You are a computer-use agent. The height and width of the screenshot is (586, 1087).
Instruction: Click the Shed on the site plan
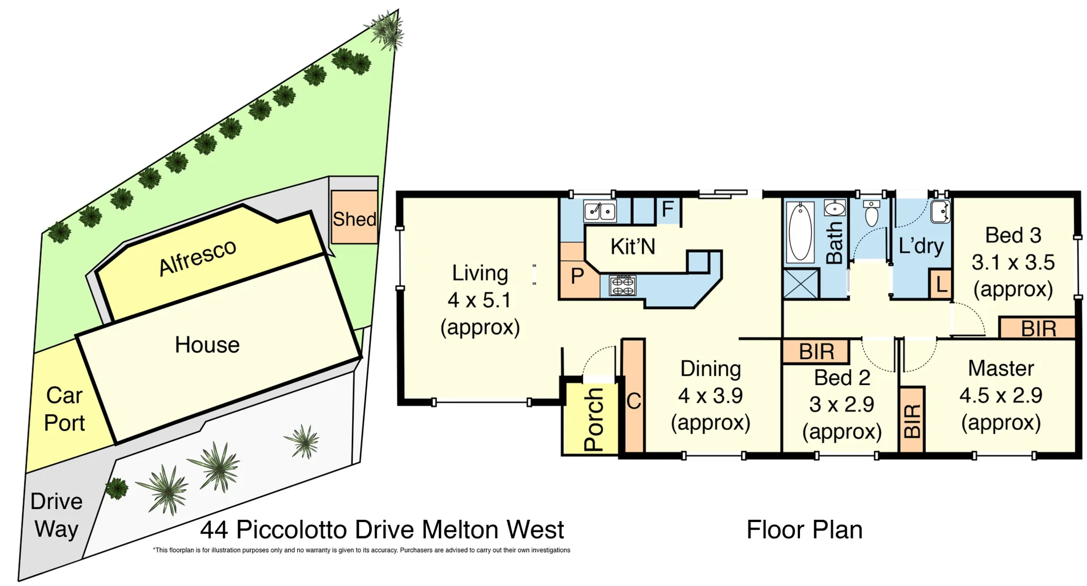pyautogui.click(x=354, y=218)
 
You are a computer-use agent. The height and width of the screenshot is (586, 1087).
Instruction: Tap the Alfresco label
pyautogui.click(x=198, y=257)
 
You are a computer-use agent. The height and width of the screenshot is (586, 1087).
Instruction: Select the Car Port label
pyautogui.click(x=65, y=409)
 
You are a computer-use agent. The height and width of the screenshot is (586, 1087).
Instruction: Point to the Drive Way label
pyautogui.click(x=56, y=515)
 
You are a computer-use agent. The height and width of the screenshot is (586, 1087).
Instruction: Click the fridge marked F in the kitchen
pyautogui.click(x=668, y=209)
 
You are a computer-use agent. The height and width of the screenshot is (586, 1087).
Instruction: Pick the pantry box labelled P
pyautogui.click(x=577, y=276)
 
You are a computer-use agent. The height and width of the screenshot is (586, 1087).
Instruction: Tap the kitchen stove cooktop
pyautogui.click(x=622, y=286)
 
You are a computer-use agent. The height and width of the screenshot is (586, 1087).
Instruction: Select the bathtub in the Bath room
pyautogui.click(x=800, y=232)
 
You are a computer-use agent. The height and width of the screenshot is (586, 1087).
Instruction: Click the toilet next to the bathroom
pyautogui.click(x=872, y=213)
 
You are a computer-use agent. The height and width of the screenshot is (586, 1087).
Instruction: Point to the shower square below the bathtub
pyautogui.click(x=801, y=284)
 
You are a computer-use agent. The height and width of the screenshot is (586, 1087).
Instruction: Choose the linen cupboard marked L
pyautogui.click(x=941, y=285)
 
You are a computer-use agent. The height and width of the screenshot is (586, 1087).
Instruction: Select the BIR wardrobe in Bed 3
pyautogui.click(x=1038, y=329)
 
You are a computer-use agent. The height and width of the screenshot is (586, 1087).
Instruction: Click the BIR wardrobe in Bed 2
pyautogui.click(x=816, y=352)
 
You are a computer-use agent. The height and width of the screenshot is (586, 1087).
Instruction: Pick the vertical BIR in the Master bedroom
pyautogui.click(x=911, y=420)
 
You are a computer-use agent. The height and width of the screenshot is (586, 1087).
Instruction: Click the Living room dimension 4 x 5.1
pyautogui.click(x=479, y=300)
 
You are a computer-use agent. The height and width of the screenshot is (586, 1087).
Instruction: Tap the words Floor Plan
pyautogui.click(x=804, y=530)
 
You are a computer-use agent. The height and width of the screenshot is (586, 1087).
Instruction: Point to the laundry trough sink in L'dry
pyautogui.click(x=940, y=212)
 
